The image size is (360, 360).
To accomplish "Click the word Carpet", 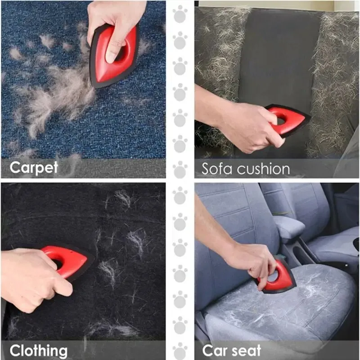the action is (x=34, y=167).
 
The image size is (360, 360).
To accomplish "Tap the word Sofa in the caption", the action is (x=216, y=169).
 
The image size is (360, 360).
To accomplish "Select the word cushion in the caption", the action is (x=263, y=169).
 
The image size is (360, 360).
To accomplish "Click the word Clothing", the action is (x=39, y=351).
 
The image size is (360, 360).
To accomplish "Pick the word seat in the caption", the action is (x=246, y=351).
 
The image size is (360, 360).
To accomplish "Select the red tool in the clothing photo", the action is (x=68, y=262).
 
